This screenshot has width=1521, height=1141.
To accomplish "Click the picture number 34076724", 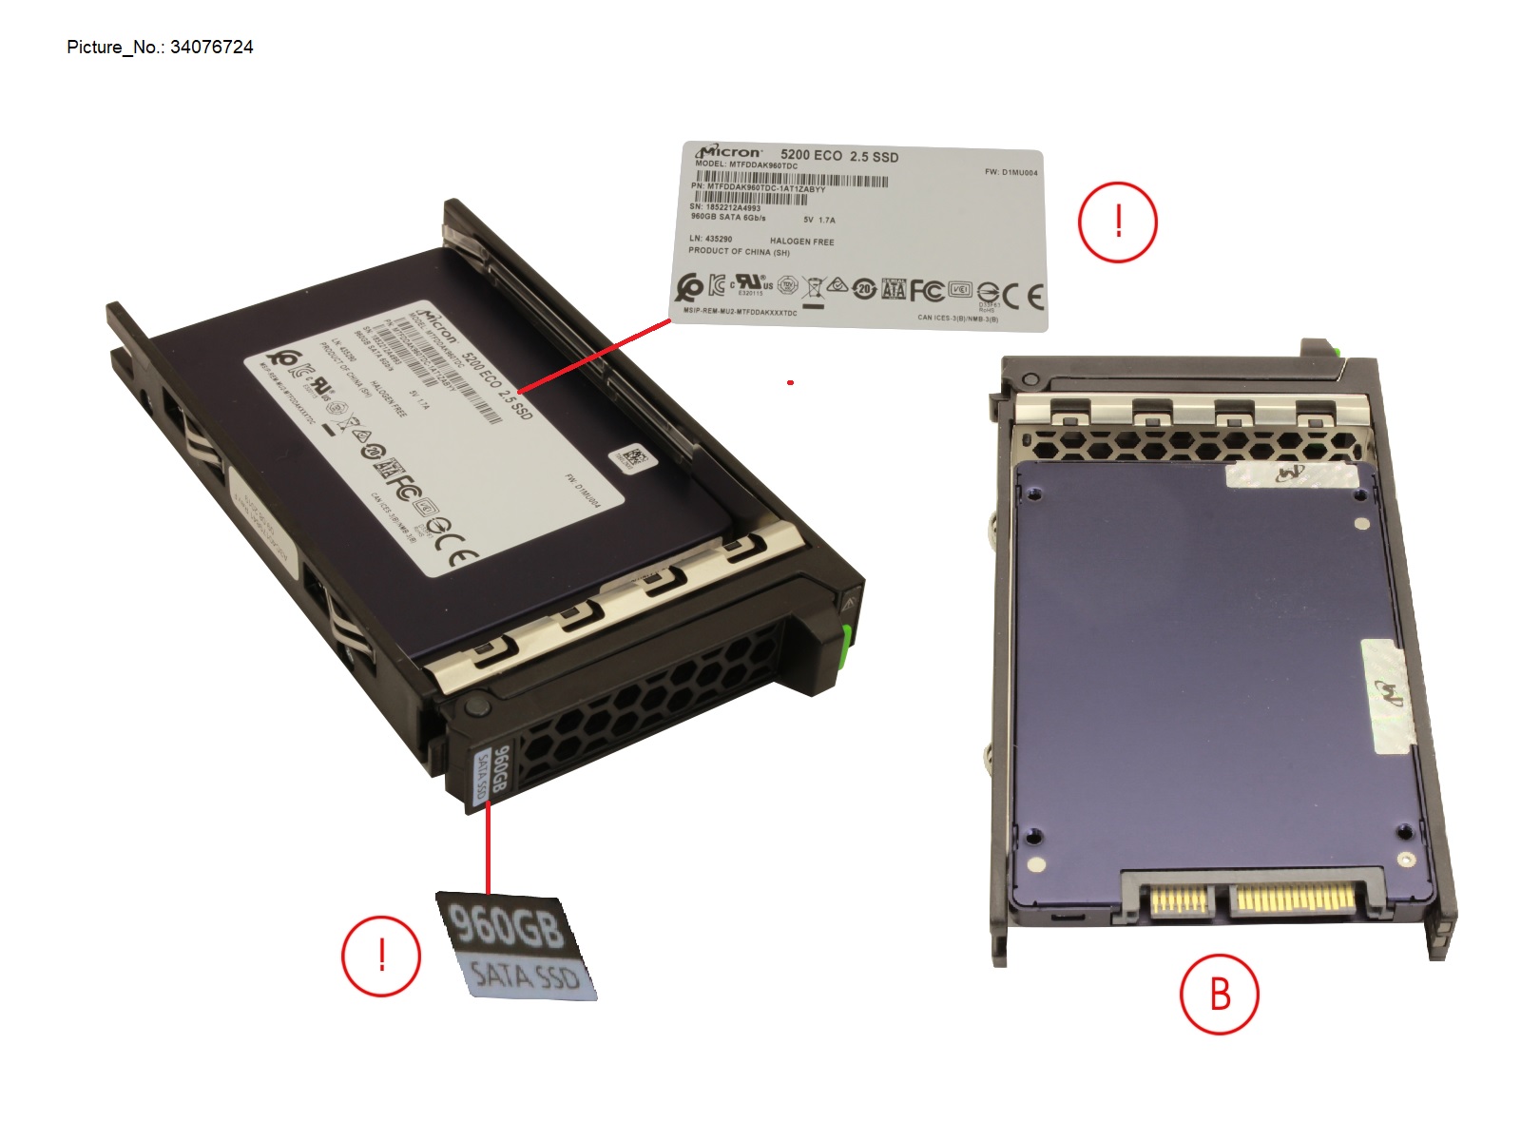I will (x=211, y=48).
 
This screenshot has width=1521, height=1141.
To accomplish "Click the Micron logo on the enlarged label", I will (x=729, y=152).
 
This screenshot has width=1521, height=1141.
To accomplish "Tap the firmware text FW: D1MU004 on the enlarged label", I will (x=1011, y=172).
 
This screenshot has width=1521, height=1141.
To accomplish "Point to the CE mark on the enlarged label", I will (x=1023, y=297).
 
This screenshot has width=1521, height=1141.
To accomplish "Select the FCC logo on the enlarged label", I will (x=926, y=290).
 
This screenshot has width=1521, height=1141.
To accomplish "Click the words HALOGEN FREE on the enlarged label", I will (x=801, y=242).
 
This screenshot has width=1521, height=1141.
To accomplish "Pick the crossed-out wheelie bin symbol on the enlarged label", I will (x=813, y=286).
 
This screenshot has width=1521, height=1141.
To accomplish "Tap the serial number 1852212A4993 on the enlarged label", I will (x=732, y=207).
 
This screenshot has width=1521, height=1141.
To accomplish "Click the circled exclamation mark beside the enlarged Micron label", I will (x=1117, y=222).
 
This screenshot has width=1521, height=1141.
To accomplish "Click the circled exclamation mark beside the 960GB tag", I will (x=381, y=955).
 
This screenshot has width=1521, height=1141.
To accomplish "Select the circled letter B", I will (x=1219, y=994).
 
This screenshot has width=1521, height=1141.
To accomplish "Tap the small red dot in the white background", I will (x=790, y=383).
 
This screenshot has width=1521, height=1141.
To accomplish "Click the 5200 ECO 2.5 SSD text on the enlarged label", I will (x=838, y=156).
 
